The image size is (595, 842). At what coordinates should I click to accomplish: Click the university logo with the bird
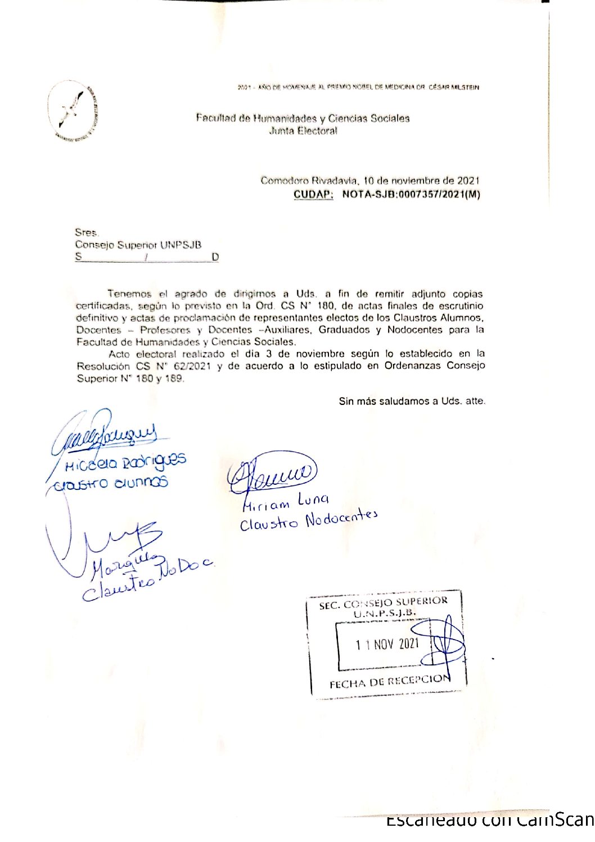click(74, 111)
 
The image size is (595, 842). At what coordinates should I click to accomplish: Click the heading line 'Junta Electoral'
click(303, 131)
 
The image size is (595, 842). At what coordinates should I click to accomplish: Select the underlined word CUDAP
click(313, 195)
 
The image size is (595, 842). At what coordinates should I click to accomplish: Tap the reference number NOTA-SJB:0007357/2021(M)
click(411, 195)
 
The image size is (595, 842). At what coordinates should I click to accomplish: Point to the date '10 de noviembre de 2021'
click(421, 181)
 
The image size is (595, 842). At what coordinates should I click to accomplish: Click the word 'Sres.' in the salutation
click(87, 232)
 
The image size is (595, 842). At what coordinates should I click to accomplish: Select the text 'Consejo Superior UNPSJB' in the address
click(138, 245)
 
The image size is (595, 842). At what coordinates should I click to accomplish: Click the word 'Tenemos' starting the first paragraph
click(129, 294)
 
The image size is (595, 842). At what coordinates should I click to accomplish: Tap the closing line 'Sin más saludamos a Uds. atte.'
click(412, 401)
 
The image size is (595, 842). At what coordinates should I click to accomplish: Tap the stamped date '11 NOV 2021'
click(387, 644)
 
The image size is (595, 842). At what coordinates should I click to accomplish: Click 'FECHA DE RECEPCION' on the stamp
click(390, 682)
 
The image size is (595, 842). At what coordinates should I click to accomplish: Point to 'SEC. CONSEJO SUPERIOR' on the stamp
click(383, 602)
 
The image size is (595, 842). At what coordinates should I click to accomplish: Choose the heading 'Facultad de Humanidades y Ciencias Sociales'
click(303, 118)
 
